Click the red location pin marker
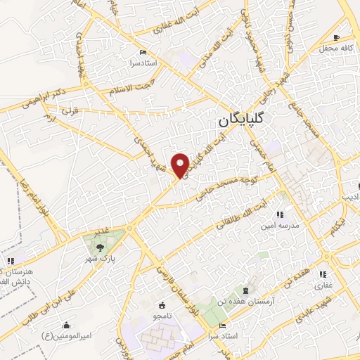pos(181,165)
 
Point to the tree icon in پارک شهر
pos(99,246)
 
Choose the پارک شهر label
pos(101,257)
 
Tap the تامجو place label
pos(163,316)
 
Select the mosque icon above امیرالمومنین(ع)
pos(66,325)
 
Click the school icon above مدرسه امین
pos(280,214)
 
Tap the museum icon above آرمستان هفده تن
pos(245,290)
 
